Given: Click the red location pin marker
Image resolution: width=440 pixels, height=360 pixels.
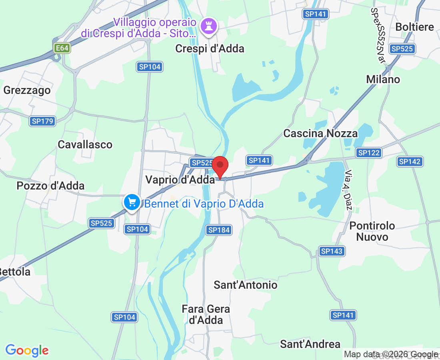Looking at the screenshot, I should click(x=220, y=166).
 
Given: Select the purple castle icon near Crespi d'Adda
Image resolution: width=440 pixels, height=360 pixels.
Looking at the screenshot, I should click(x=208, y=26).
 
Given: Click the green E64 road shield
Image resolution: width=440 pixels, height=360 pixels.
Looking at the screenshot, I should click(x=62, y=48).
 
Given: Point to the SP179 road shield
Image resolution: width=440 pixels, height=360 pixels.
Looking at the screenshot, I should click(x=42, y=121).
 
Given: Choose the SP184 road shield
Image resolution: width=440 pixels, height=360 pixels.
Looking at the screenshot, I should click(x=219, y=230).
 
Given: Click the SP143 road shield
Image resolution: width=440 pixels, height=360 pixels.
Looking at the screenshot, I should click(x=332, y=251).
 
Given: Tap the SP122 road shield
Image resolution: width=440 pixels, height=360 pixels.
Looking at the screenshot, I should click(x=369, y=152).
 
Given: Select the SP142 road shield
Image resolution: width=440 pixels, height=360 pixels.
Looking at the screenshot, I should click(x=410, y=162).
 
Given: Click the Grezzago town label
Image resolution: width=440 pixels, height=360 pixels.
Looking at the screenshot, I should click(x=27, y=90).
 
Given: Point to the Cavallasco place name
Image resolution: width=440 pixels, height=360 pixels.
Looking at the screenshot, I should click(x=85, y=144).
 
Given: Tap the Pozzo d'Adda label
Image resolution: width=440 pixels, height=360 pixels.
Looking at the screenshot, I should click(x=51, y=186).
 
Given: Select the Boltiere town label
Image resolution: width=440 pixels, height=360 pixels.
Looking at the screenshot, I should click(x=414, y=27).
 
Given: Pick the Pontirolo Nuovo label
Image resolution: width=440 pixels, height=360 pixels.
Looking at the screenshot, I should click(x=372, y=231).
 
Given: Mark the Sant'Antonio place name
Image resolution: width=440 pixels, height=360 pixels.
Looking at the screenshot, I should click(x=246, y=285).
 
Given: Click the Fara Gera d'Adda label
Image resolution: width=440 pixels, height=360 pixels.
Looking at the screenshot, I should click(x=206, y=314).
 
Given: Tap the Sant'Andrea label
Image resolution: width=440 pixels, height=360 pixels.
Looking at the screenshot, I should click(x=310, y=344).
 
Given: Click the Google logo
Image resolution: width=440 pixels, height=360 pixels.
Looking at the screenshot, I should click(x=27, y=350).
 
